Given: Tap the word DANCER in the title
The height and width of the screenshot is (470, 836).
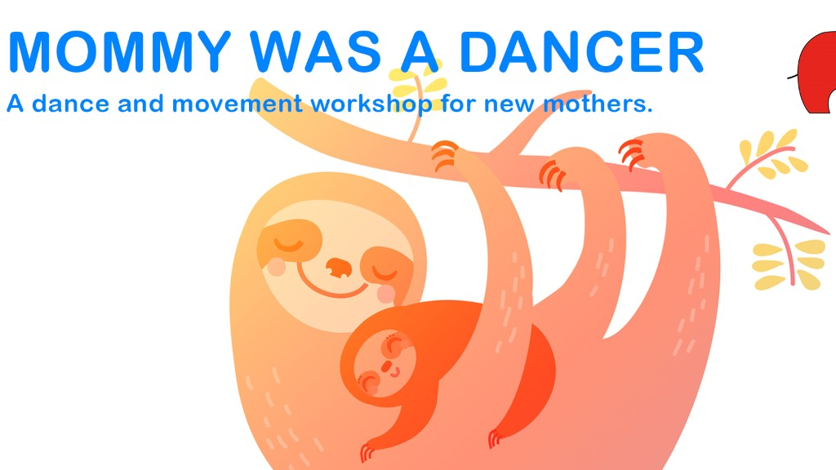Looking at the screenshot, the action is (x=581, y=51).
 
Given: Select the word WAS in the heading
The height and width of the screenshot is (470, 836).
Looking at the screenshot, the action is (x=316, y=51).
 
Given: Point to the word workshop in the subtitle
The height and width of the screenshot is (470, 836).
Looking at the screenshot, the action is (x=371, y=104).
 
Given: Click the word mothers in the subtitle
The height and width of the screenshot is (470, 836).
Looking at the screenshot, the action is (x=598, y=103).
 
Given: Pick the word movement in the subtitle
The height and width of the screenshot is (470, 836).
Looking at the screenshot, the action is (x=238, y=103).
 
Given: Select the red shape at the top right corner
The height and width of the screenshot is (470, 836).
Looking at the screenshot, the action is (x=816, y=73).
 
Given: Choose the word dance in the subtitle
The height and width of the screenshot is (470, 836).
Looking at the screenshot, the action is (x=71, y=103).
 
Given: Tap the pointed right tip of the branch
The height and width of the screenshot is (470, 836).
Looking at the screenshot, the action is (x=829, y=233).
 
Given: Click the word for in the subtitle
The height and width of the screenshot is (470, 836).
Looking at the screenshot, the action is (x=458, y=103).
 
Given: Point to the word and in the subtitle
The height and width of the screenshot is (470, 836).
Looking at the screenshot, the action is (x=140, y=103).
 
